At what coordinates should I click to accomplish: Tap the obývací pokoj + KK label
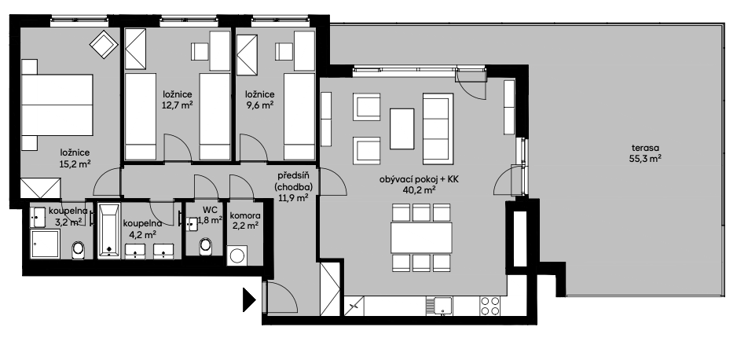(x=419, y=185)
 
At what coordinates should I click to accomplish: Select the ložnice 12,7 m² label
(x=179, y=100)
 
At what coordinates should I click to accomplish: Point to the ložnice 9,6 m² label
(x=258, y=100)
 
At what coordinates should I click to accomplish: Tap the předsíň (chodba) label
(x=295, y=187)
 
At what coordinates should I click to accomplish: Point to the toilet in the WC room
(x=207, y=246)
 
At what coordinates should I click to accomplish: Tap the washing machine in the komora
(x=238, y=256)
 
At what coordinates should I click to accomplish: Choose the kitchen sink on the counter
(x=438, y=303)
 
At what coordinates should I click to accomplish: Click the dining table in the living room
(x=421, y=233)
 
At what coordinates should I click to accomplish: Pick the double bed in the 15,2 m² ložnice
(x=56, y=104)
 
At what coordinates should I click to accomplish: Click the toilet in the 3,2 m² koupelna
(x=79, y=250)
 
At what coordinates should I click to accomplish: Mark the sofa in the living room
(x=438, y=126)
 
